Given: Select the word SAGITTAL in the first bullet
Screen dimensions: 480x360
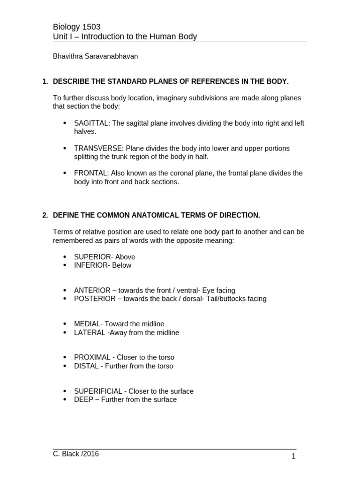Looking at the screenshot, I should (x=91, y=123).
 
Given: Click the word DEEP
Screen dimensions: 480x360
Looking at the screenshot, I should (x=83, y=399).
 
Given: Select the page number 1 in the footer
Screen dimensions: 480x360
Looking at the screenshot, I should (x=293, y=456).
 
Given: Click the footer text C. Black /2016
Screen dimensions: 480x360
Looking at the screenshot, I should (x=76, y=454).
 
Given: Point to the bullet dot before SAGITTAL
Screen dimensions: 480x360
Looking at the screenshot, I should (x=65, y=123).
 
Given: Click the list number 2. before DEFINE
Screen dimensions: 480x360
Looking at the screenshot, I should (x=45, y=215).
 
